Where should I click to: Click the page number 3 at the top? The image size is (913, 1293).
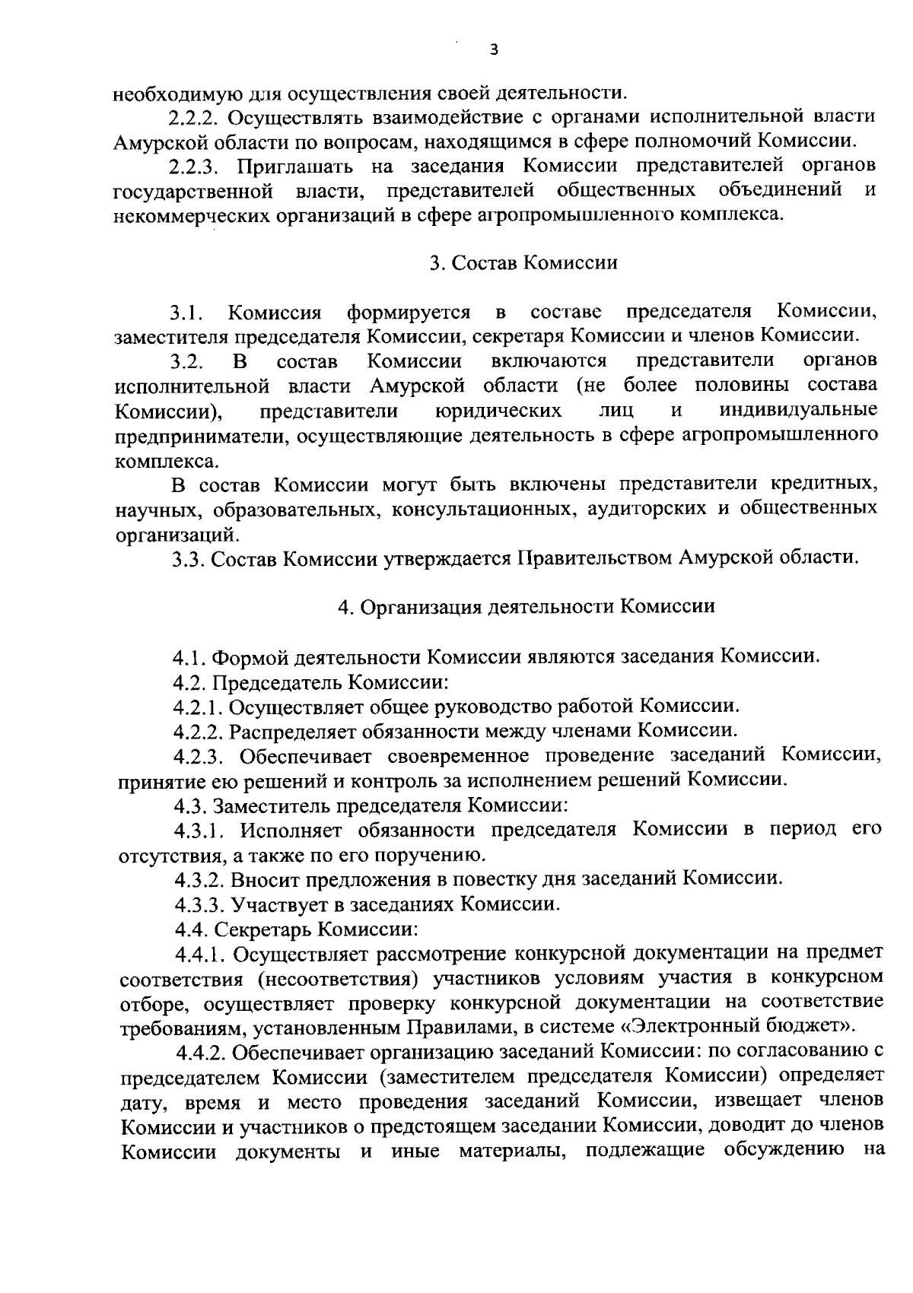click(x=494, y=50)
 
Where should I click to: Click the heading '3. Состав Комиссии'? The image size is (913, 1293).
click(x=523, y=263)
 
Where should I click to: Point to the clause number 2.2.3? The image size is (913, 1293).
click(x=196, y=167)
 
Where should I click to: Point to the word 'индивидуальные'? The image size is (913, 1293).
click(x=798, y=411)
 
